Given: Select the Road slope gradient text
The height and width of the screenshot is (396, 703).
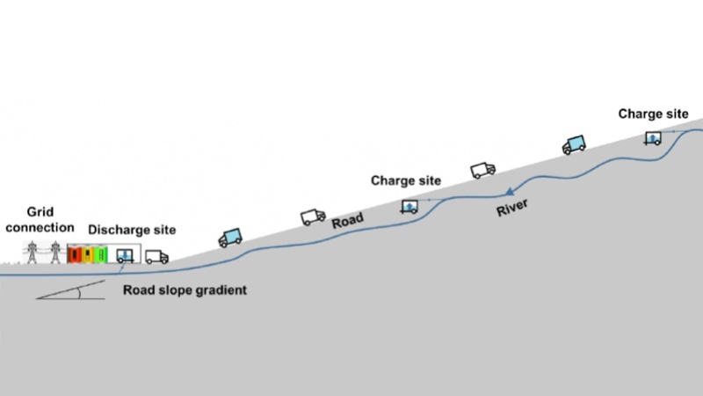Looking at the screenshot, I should coord(185,290).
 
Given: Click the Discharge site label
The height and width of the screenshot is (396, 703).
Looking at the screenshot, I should coord(132,230).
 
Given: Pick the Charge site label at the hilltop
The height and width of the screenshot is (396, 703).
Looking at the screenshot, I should coord(653,114).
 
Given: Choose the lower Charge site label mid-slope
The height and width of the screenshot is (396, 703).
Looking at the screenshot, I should coord(405,180).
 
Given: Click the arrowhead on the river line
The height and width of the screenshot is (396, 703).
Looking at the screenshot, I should coord(509,191).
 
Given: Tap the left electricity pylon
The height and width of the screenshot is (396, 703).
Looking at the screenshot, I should coord(33,252).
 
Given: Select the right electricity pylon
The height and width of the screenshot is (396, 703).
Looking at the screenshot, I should coord(55,252).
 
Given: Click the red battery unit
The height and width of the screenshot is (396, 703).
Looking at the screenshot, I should coord(76,254).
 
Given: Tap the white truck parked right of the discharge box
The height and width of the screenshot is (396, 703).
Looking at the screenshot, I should coord(156,256).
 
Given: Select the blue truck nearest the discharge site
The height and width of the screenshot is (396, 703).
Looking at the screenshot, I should coord(230,237).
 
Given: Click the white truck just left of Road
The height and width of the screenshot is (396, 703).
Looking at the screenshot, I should coord(313,216).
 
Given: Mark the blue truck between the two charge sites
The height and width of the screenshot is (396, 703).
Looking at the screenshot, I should coord(574,144).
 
